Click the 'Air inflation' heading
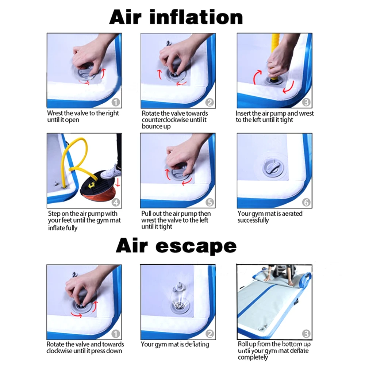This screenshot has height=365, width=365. click(x=176, y=17)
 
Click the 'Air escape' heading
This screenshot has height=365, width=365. click(x=176, y=246)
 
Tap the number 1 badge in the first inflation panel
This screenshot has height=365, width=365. click(x=115, y=102)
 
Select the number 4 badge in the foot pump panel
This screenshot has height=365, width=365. click(x=116, y=202)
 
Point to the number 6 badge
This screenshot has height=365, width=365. click(x=306, y=202)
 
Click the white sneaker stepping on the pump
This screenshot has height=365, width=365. click(x=111, y=173)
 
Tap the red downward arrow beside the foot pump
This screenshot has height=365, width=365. click(x=118, y=182)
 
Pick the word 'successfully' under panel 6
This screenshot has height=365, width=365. click(x=253, y=220)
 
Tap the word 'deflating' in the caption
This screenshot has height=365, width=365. click(x=197, y=344)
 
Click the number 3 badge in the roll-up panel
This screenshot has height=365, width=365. click(x=306, y=334)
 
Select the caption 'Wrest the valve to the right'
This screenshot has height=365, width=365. click(x=83, y=113)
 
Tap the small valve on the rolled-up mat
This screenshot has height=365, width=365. click(x=262, y=329)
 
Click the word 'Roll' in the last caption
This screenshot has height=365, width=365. click(x=243, y=344)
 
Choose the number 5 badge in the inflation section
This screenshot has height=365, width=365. click(x=210, y=202)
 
